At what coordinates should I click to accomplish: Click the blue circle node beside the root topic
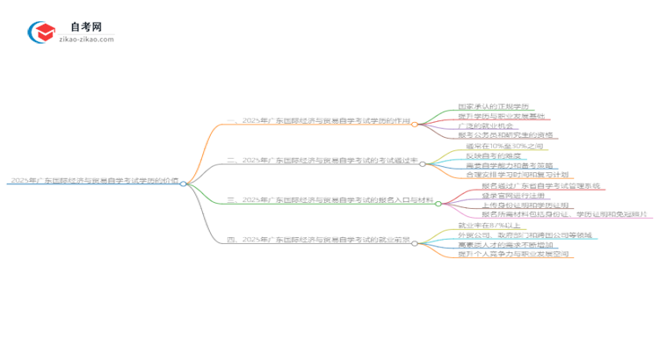click(x=183, y=184)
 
